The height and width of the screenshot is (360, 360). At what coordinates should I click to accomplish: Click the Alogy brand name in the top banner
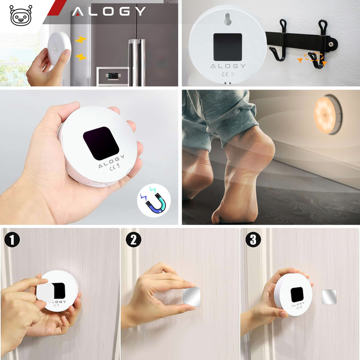pyautogui.click(x=108, y=11)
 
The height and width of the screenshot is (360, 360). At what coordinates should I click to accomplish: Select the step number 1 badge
pyautogui.click(x=12, y=240)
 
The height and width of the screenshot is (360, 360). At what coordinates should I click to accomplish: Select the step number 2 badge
pyautogui.click(x=133, y=240)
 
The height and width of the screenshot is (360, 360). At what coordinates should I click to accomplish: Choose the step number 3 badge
pyautogui.click(x=254, y=240)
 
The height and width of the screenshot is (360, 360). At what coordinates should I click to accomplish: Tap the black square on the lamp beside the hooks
pyautogui.click(x=228, y=47)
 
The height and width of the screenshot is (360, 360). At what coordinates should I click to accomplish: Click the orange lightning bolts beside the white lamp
pyautogui.click(x=81, y=48)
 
